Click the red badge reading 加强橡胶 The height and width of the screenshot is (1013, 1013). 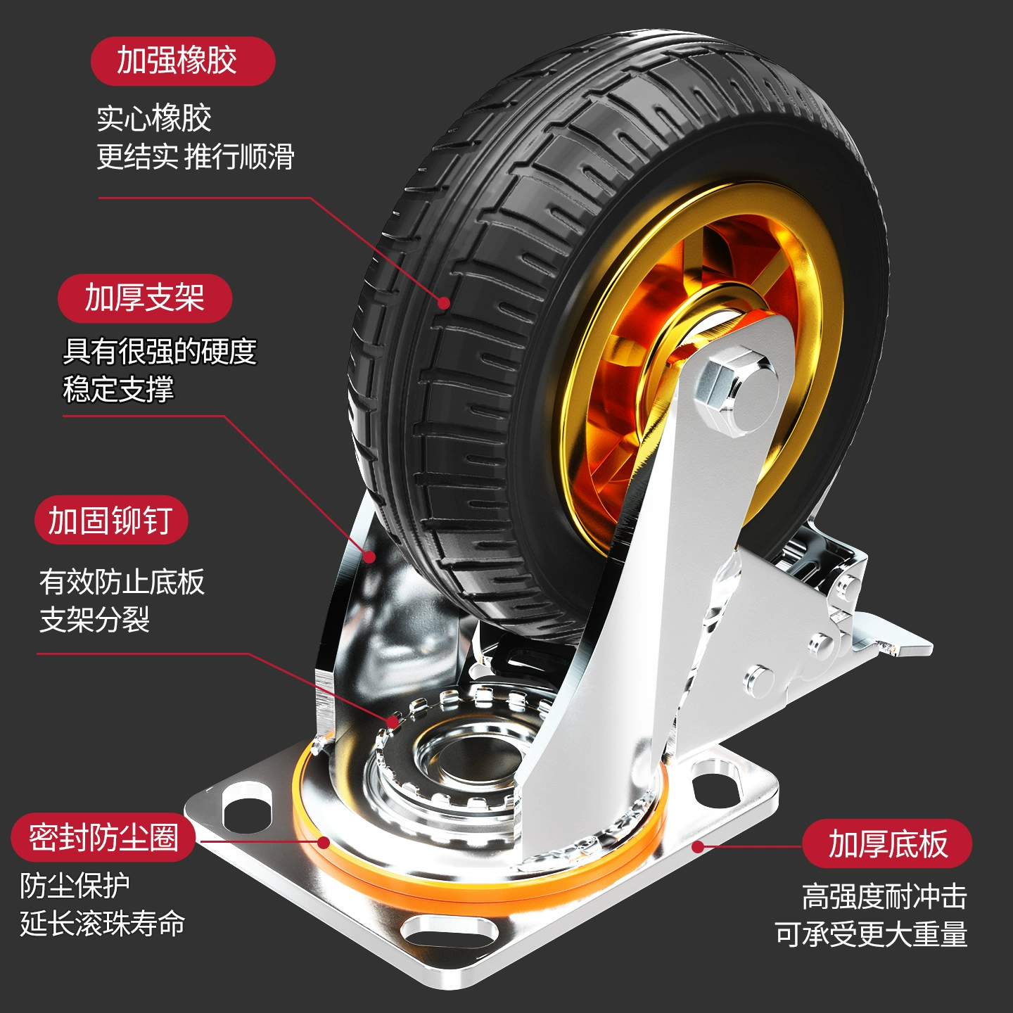(182, 61)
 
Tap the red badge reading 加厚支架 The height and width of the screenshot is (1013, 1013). (145, 298)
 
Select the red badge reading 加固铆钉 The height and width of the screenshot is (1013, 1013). (111, 521)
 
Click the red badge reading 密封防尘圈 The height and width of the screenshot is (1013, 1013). (103, 838)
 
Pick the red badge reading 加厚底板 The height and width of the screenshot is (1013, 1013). (887, 843)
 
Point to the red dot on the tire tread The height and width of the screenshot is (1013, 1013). (444, 303)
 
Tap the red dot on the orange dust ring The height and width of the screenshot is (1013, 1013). (324, 842)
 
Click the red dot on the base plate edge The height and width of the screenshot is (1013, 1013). (698, 846)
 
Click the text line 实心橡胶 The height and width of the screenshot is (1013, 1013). (154, 118)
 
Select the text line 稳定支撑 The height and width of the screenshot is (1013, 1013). (118, 389)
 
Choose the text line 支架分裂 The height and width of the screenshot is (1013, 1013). (94, 620)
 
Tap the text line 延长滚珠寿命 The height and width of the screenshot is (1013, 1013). (103, 924)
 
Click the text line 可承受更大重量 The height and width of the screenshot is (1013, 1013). (871, 934)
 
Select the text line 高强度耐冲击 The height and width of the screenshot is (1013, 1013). (884, 897)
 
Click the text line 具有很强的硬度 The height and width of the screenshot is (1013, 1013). (160, 351)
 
